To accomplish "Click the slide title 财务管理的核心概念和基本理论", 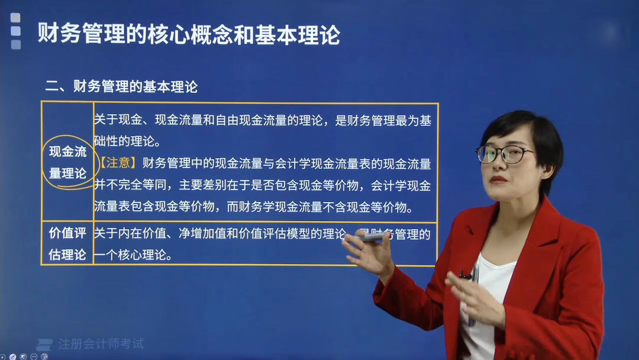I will coord(189,34).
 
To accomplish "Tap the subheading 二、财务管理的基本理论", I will coord(121,87).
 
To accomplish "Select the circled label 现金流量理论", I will coord(67,162).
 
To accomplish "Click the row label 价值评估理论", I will coord(67,243).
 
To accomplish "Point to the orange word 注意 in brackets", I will coord(119,163).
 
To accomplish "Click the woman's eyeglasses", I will coord(504,155).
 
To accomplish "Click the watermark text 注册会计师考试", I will coord(101,343).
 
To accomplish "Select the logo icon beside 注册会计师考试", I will coord(44,344).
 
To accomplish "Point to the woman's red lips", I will coord(498,179).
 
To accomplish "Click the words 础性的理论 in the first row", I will coord(127,142).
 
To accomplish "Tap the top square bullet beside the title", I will coord(15,18).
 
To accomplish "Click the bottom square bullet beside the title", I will coord(15,44).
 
